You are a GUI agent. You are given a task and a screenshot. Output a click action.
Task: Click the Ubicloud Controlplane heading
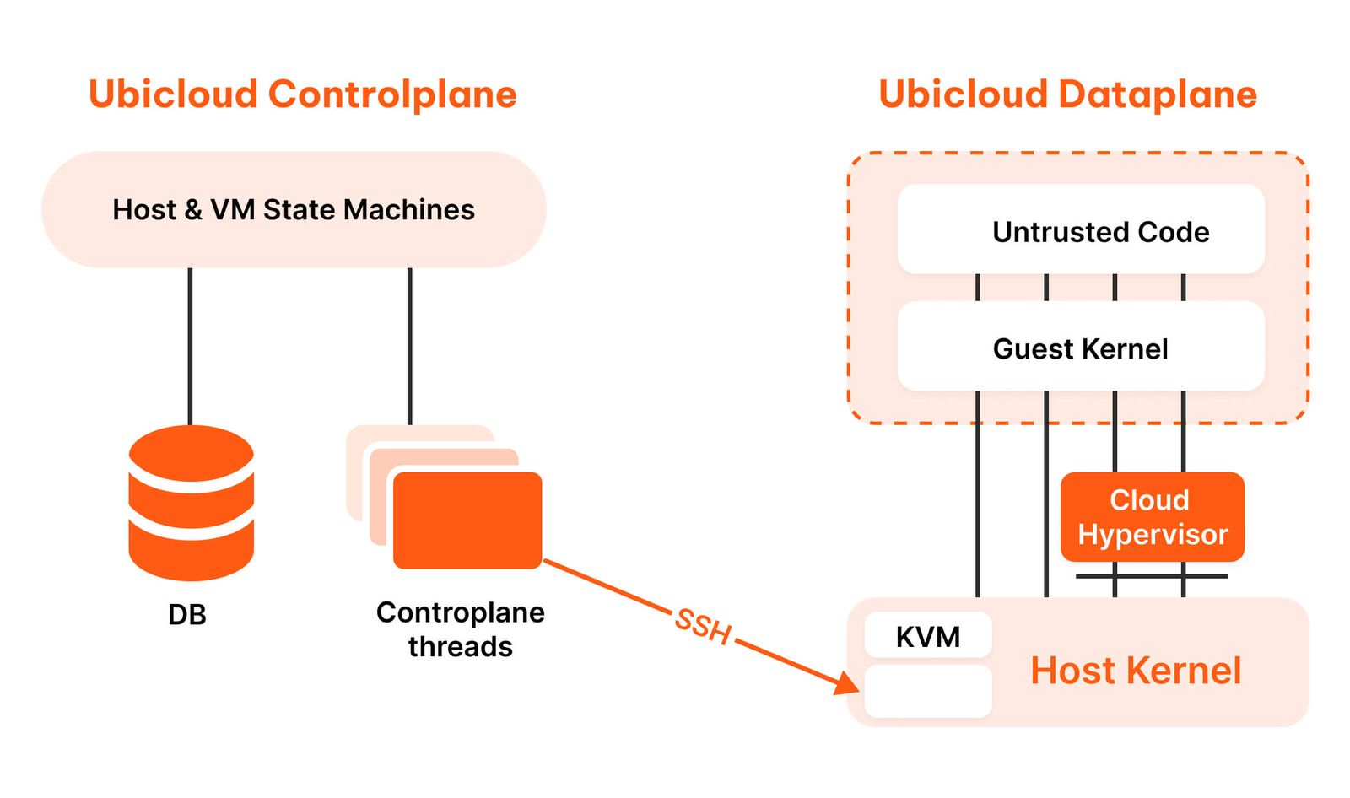coord(302,94)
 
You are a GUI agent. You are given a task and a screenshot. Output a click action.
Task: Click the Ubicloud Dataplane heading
coord(1067,94)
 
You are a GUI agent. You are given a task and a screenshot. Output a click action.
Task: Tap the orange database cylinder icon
coord(191,503)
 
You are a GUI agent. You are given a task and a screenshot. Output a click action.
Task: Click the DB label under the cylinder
coord(187,615)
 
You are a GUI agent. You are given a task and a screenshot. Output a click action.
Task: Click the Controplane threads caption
coord(460,629)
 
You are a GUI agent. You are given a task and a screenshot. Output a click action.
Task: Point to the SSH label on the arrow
coord(702,627)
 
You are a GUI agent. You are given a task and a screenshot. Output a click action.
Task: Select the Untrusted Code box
coord(1080,230)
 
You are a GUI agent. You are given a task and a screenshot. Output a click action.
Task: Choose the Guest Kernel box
coord(1080,348)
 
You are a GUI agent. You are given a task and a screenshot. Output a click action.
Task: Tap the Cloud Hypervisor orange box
coord(1152,517)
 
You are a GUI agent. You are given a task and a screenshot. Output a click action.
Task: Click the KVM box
coord(927,636)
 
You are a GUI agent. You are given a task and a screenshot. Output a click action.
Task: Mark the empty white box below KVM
coord(927,692)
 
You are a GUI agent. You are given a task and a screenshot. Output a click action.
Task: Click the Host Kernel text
coord(1135,671)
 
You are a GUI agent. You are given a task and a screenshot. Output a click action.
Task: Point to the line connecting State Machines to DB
coord(190,346)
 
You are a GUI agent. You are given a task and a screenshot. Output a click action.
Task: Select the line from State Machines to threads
coord(409,346)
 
